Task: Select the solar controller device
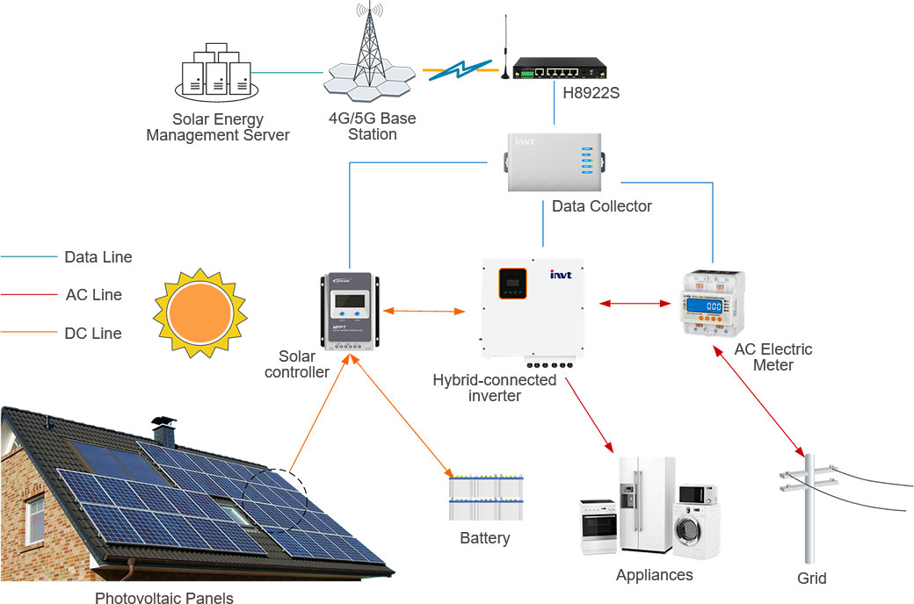tap(350, 312)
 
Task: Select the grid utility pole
tap(809, 509)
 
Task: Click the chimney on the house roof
tap(163, 430)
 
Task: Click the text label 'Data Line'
tap(98, 257)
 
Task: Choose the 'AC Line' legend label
tap(94, 295)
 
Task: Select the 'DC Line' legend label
tap(93, 334)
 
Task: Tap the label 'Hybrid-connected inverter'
tap(495, 388)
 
